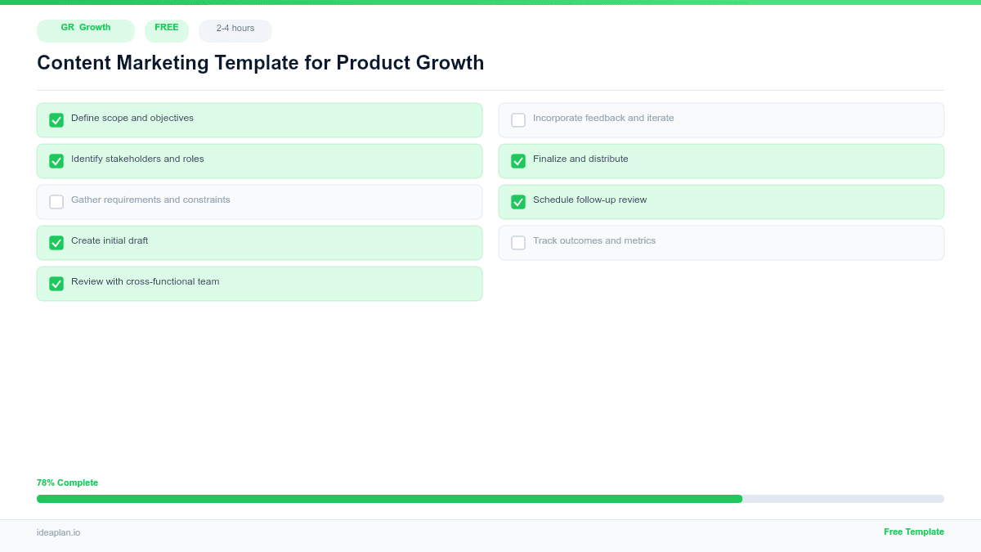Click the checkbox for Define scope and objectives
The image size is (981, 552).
(56, 120)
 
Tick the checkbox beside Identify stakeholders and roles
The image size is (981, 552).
(56, 161)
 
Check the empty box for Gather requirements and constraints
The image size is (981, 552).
(56, 202)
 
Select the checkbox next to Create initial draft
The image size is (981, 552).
(56, 243)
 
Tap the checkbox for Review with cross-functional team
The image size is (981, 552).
(56, 284)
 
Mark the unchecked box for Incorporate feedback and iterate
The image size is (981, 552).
(518, 120)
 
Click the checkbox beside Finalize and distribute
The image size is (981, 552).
(518, 161)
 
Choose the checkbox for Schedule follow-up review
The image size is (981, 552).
(518, 202)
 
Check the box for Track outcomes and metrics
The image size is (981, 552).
(518, 243)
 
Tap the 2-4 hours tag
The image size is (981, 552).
(235, 30)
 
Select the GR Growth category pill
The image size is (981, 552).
(86, 30)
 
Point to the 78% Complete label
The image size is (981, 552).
(67, 482)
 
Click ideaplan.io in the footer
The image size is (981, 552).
(58, 532)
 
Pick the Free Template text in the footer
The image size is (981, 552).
(913, 532)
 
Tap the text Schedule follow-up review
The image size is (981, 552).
(589, 200)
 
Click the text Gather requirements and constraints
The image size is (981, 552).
(150, 200)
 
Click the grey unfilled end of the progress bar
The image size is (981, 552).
(842, 499)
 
